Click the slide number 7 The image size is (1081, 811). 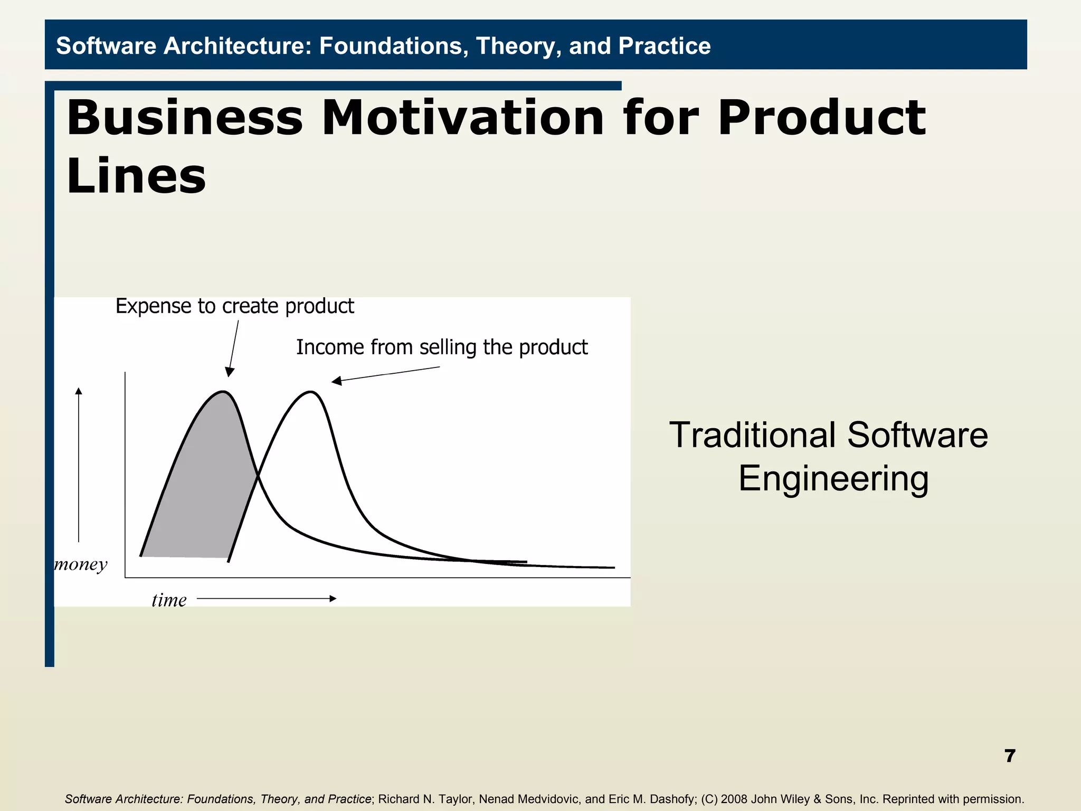(1010, 756)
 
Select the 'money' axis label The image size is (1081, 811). (81, 564)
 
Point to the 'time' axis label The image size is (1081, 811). (169, 600)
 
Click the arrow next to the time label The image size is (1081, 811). (267, 598)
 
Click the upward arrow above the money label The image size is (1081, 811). (79, 465)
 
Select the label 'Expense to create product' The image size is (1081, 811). (234, 306)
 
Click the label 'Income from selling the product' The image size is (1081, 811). (441, 347)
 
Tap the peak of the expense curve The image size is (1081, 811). (223, 392)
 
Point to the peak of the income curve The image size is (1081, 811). (311, 392)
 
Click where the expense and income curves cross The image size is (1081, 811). (258, 477)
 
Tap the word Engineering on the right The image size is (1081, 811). (833, 478)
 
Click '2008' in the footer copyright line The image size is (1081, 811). (734, 799)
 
